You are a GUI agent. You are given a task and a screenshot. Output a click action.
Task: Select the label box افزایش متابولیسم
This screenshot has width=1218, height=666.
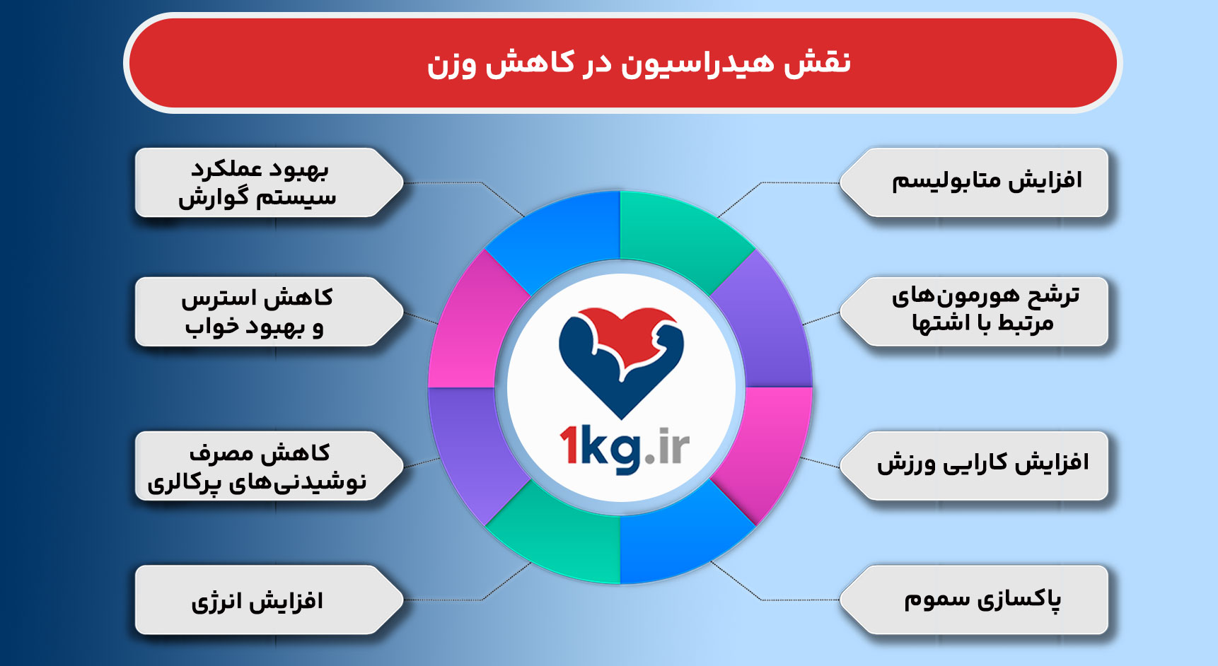[980, 182]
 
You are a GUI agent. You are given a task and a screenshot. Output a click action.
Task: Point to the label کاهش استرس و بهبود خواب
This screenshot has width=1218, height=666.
[258, 312]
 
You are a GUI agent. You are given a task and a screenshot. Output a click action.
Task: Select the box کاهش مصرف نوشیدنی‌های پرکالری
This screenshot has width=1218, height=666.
[258, 467]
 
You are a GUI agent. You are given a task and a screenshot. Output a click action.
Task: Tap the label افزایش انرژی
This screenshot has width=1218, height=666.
[258, 600]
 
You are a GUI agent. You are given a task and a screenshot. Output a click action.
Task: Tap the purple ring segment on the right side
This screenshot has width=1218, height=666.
[771, 325]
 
